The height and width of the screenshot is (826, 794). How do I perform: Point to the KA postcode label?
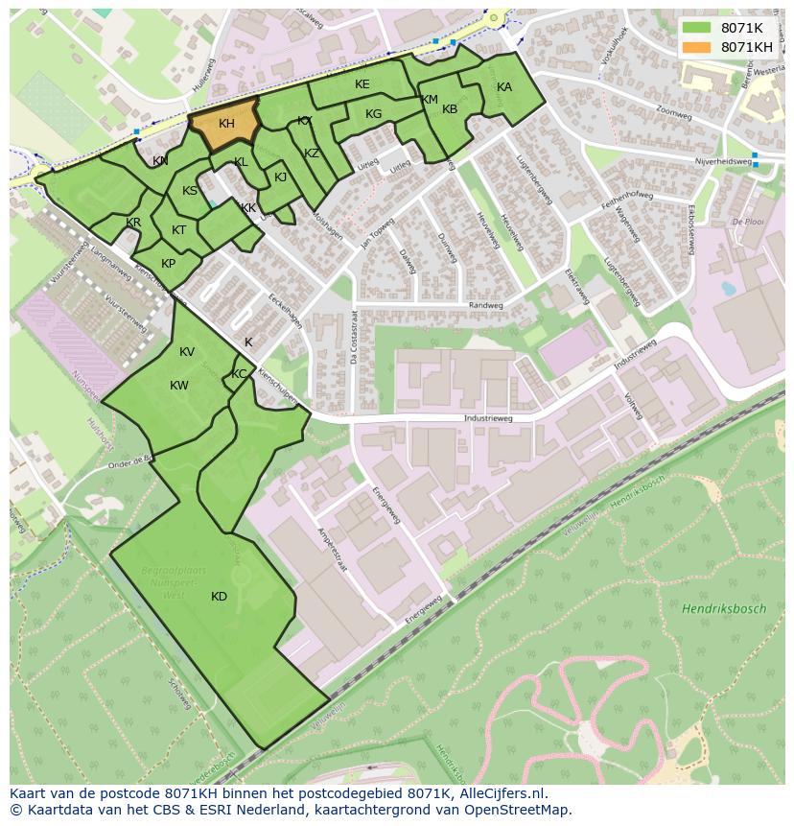pyautogui.click(x=504, y=87)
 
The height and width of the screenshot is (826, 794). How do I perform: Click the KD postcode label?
pyautogui.click(x=219, y=597)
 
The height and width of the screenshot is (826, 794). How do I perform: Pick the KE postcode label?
pyautogui.click(x=362, y=84)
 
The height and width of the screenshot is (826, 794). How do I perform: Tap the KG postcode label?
pyautogui.click(x=373, y=114)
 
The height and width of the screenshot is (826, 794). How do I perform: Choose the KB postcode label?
pyautogui.click(x=450, y=109)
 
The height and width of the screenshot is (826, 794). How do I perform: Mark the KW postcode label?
pyautogui.click(x=179, y=386)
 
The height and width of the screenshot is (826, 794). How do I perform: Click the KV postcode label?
pyautogui.click(x=187, y=352)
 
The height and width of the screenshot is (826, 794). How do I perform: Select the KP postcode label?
pyautogui.click(x=168, y=264)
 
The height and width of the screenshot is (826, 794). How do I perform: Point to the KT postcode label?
pyautogui.click(x=179, y=230)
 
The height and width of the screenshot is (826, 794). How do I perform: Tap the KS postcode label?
pyautogui.click(x=190, y=191)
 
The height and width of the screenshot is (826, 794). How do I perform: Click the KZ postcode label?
pyautogui.click(x=312, y=153)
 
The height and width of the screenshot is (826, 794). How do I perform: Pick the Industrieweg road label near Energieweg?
pyautogui.click(x=487, y=419)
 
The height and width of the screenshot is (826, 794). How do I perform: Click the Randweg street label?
pyautogui.click(x=485, y=306)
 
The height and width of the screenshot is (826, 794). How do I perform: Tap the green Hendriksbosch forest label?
pyautogui.click(x=724, y=609)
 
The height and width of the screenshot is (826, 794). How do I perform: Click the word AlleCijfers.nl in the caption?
pyautogui.click(x=502, y=793)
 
